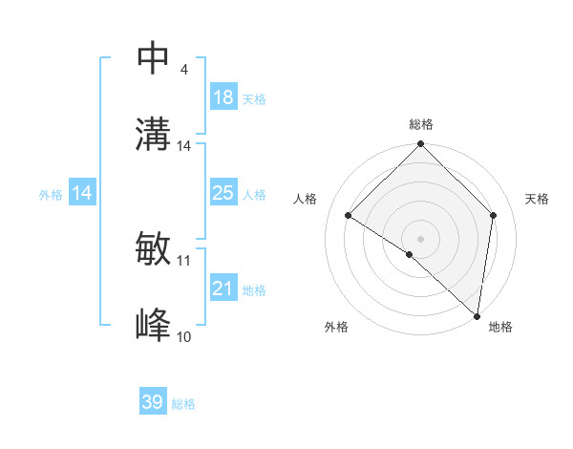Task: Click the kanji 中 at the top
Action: [154, 58]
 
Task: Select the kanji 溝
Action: [154, 135]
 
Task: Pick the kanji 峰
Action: [154, 326]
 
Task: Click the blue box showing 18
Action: [223, 97]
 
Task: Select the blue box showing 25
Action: [223, 193]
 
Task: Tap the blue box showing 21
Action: [223, 289]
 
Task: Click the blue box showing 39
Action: [153, 402]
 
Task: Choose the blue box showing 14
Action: [82, 193]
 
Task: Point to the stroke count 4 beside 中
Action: [183, 70]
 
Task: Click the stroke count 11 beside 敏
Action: [184, 260]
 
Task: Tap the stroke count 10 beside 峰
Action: [184, 336]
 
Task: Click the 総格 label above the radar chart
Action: [421, 124]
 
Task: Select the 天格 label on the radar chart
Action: [537, 199]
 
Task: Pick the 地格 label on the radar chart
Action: [500, 327]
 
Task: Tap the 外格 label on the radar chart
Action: [336, 327]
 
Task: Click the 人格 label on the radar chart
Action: [306, 199]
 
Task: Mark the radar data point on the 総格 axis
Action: [421, 145]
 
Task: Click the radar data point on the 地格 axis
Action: [477, 315]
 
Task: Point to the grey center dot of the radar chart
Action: [421, 238]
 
